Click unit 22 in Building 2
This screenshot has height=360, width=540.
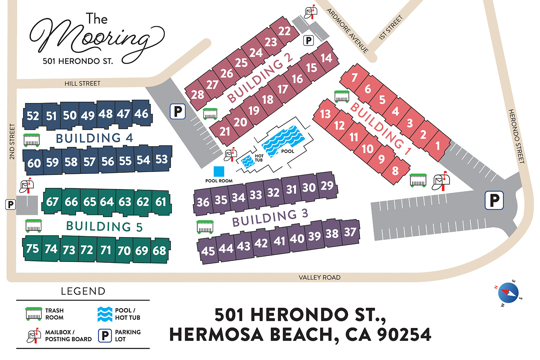(284, 31)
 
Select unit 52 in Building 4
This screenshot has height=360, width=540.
(33, 116)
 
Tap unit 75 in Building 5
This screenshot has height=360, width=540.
(32, 248)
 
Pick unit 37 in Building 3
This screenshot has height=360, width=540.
(350, 232)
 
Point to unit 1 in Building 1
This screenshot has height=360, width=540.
(438, 146)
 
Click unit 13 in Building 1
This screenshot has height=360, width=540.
(325, 114)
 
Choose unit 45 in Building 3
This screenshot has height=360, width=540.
(208, 251)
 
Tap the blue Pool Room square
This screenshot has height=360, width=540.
(219, 171)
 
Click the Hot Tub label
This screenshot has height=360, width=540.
(259, 158)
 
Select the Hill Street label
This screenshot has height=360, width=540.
(82, 84)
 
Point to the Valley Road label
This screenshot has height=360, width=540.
(319, 278)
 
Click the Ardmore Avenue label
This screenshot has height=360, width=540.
(347, 31)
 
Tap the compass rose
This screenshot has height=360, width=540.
(508, 293)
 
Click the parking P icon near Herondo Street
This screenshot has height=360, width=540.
(494, 200)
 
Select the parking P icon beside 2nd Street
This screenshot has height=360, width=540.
(10, 204)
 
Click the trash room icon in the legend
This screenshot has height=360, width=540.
(33, 314)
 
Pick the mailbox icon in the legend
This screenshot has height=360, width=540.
(33, 336)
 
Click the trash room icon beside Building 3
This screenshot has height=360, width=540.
(205, 227)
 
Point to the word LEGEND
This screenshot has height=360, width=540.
(83, 291)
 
